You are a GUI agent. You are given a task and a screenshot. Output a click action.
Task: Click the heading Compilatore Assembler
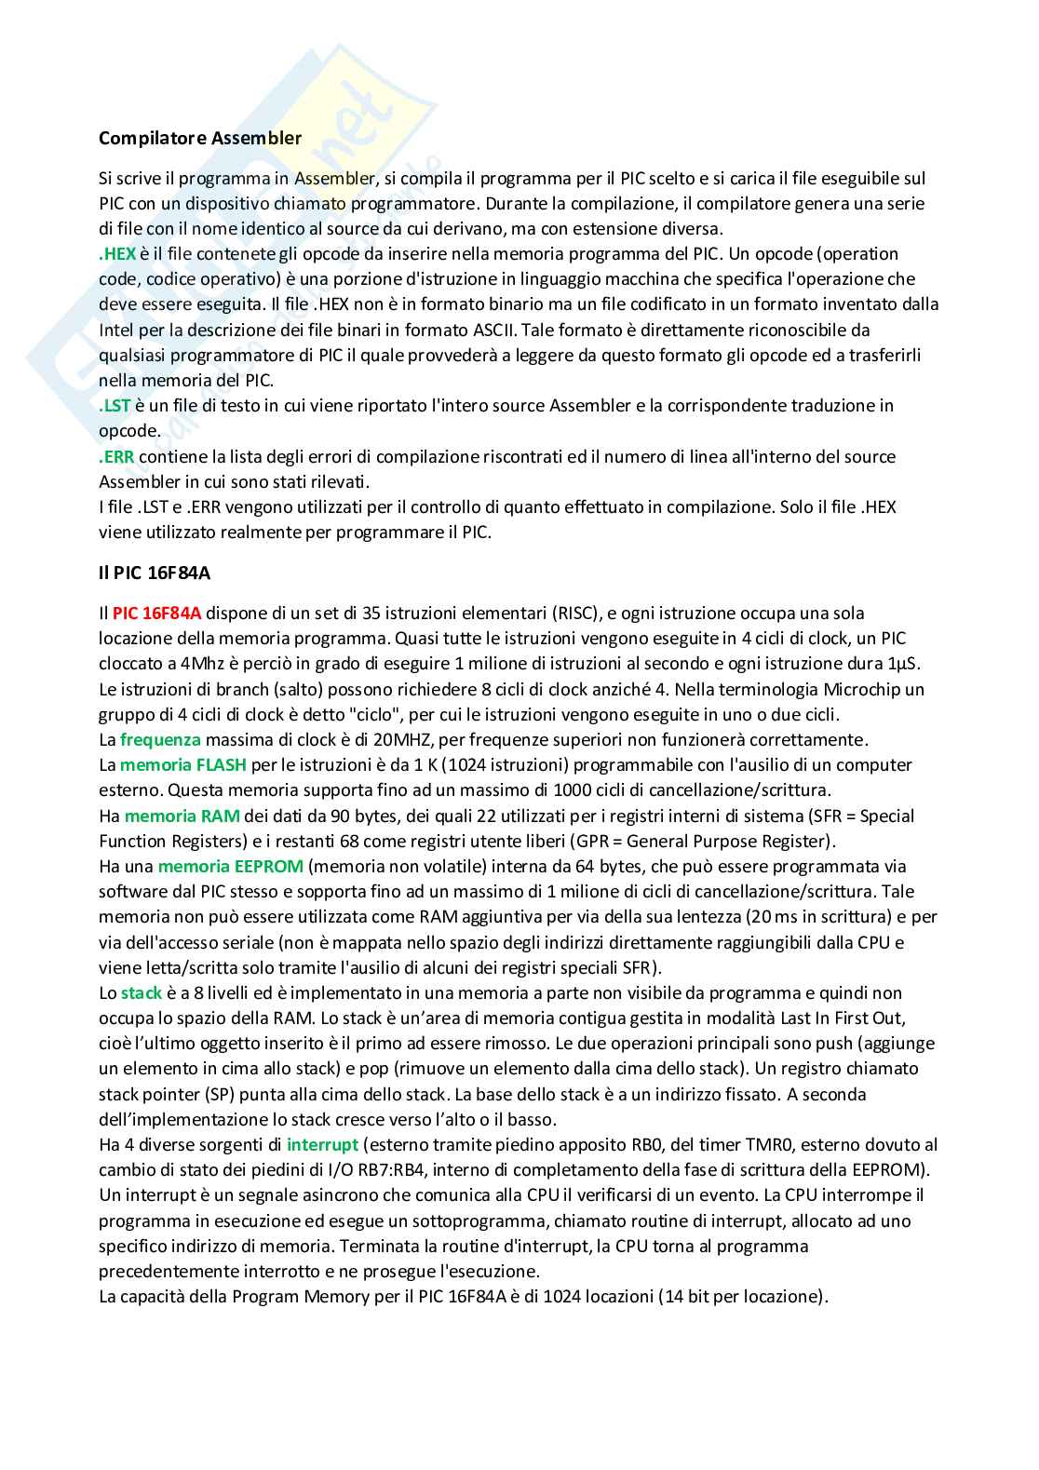(x=200, y=138)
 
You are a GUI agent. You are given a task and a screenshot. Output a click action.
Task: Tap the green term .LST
(x=115, y=406)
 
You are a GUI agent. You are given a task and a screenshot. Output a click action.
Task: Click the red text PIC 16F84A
(x=156, y=614)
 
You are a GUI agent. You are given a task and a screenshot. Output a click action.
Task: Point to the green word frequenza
(x=160, y=740)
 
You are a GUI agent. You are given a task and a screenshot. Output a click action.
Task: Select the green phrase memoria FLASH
(x=183, y=765)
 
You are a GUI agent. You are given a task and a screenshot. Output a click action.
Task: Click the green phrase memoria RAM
(x=182, y=816)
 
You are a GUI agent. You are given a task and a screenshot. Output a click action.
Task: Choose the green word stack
(x=141, y=993)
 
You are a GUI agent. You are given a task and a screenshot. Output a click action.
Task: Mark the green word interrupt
(x=322, y=1144)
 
